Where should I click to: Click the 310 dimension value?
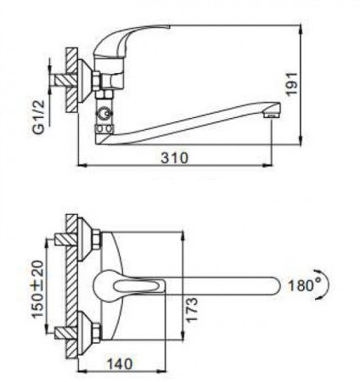174,157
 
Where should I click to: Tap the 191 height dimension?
292,84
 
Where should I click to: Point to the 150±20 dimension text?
37,289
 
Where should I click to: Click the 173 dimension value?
191,310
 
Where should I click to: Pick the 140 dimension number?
119,364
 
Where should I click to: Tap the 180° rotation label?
301,285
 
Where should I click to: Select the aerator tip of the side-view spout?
272,111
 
